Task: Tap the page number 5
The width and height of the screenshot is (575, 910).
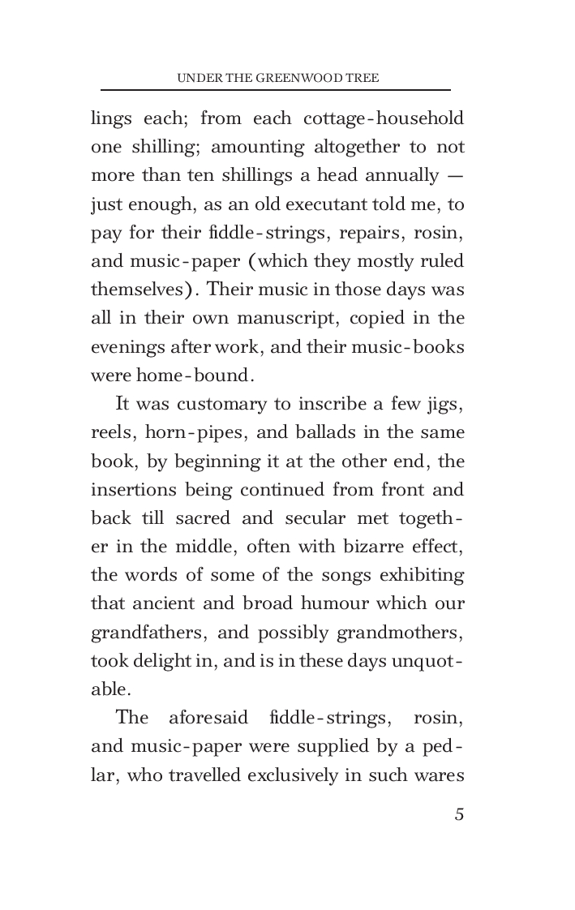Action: coord(459,814)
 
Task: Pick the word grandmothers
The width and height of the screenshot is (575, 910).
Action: coord(406,633)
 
